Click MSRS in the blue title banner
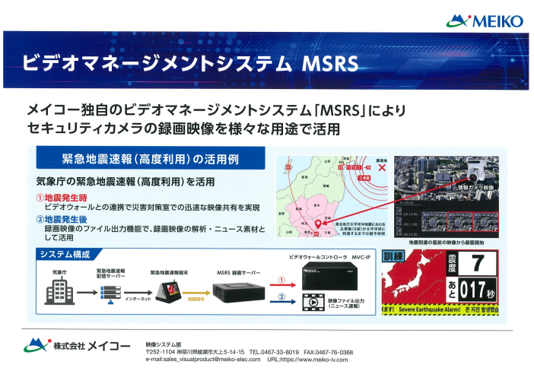pos(332,62)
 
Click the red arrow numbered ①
pos(280,282)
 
